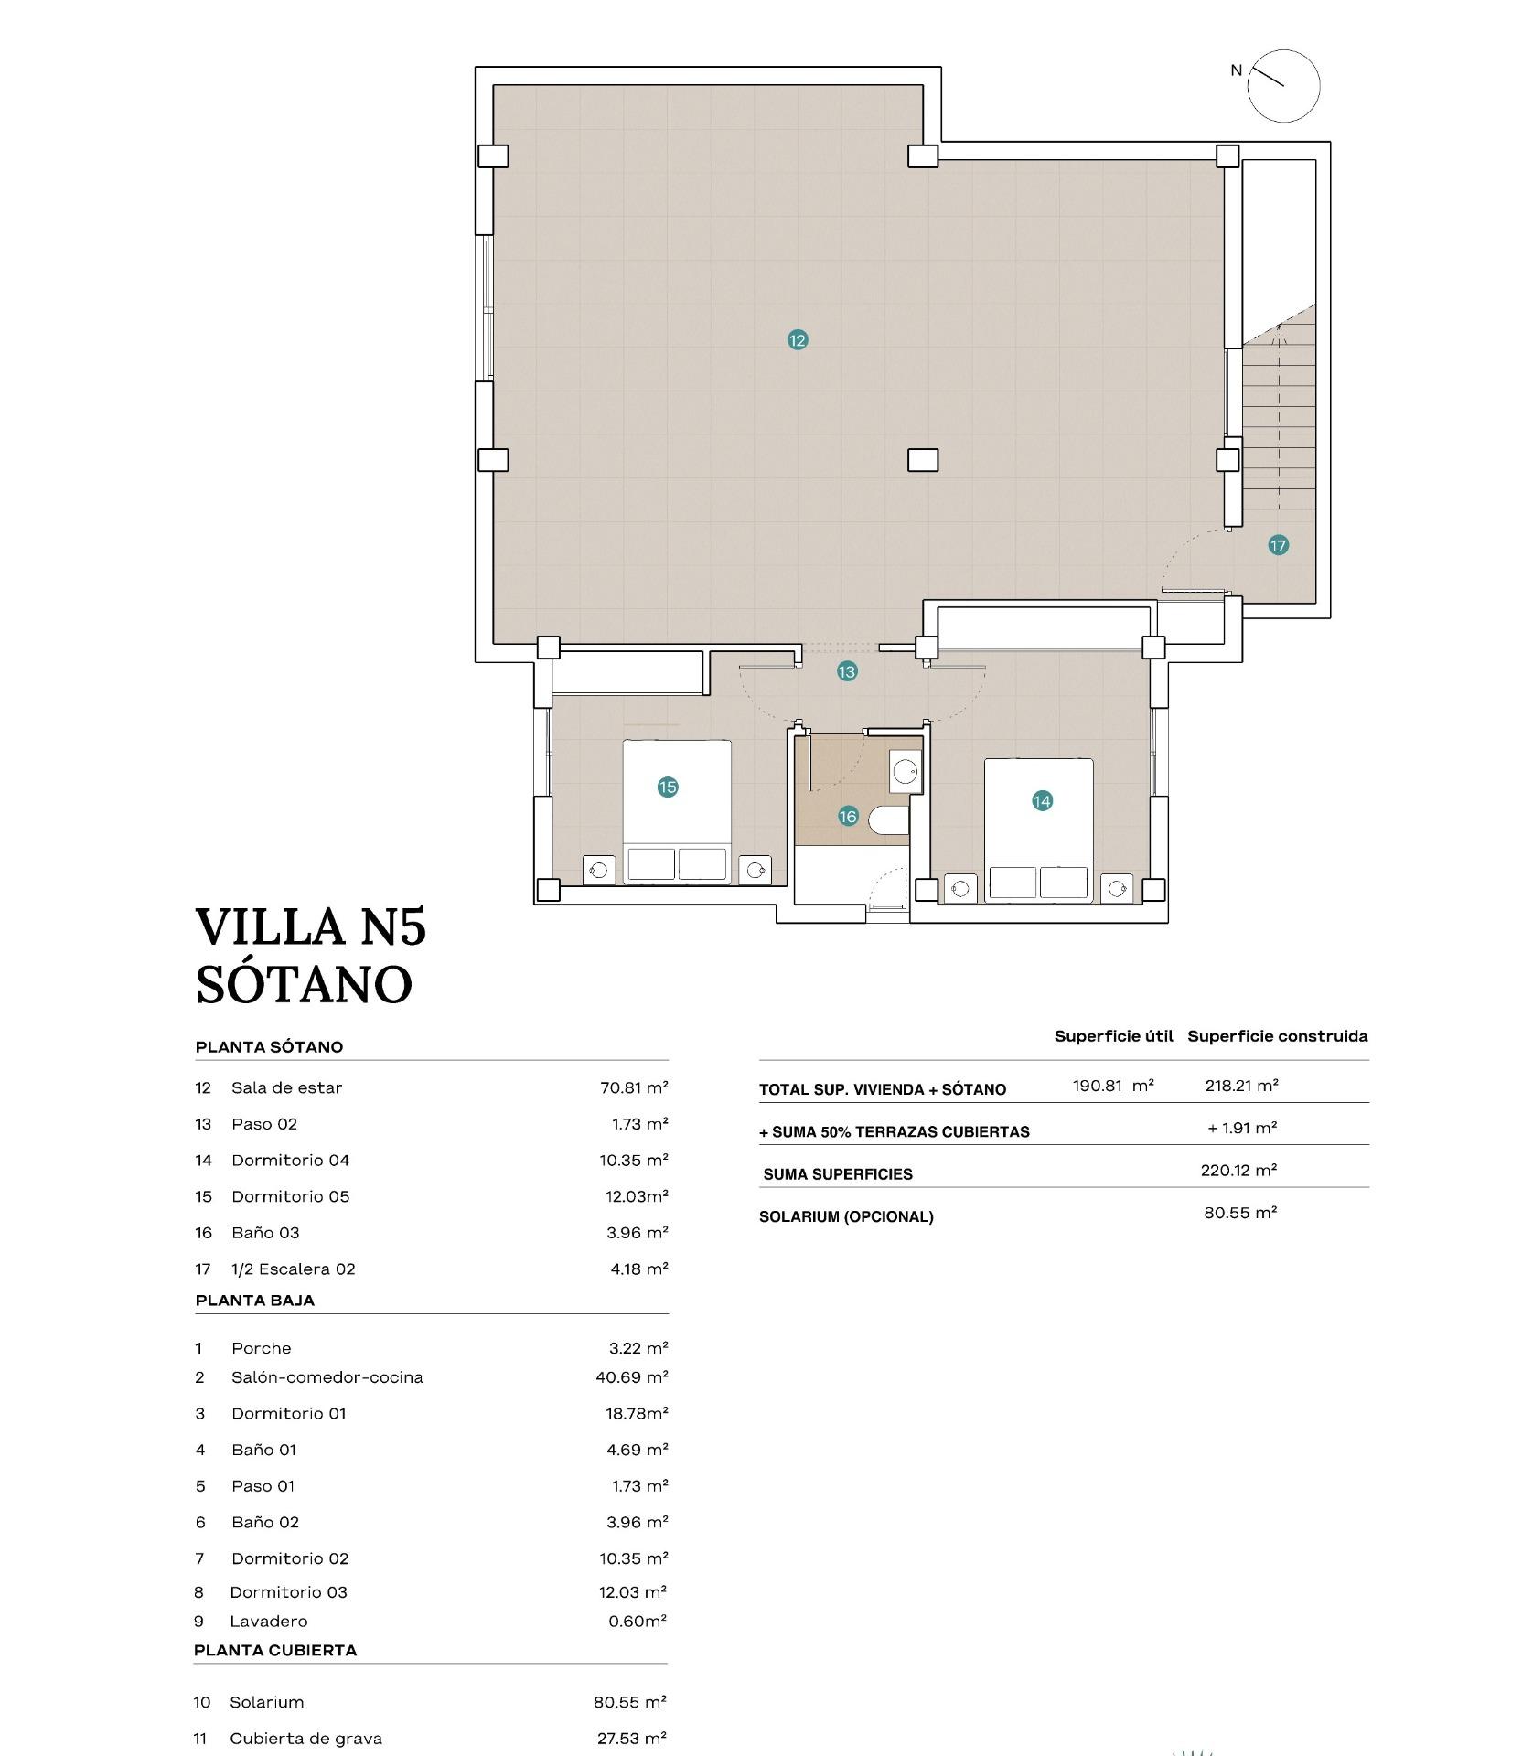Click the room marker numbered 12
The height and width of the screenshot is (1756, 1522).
click(x=797, y=340)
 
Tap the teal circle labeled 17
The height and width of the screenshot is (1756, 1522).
click(x=1278, y=546)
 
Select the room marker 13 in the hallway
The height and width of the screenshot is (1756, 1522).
click(x=847, y=672)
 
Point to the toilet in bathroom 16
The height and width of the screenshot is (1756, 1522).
click(x=888, y=820)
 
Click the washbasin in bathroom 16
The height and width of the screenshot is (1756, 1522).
click(x=906, y=771)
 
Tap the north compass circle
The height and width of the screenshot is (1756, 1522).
click(x=1283, y=86)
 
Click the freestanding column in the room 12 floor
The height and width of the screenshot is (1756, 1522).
click(x=923, y=460)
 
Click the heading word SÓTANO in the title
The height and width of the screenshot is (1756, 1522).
click(x=304, y=985)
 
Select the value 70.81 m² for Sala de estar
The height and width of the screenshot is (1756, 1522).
click(x=634, y=1087)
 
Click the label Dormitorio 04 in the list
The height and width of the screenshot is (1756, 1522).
click(x=290, y=1160)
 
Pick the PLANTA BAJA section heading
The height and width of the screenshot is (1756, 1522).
click(x=255, y=1301)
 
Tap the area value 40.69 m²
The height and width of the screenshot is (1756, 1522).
click(x=631, y=1377)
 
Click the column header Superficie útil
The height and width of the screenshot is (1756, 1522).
click(x=1113, y=1036)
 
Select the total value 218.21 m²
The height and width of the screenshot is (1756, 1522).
click(x=1241, y=1086)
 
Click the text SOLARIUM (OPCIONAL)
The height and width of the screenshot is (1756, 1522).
click(x=846, y=1217)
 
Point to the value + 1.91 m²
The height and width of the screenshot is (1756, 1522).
click(x=1241, y=1129)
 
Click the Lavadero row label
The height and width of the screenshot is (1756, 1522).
click(x=268, y=1622)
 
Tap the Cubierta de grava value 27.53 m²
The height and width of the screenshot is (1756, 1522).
click(x=631, y=1739)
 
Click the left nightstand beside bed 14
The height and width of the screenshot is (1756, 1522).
click(x=961, y=887)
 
